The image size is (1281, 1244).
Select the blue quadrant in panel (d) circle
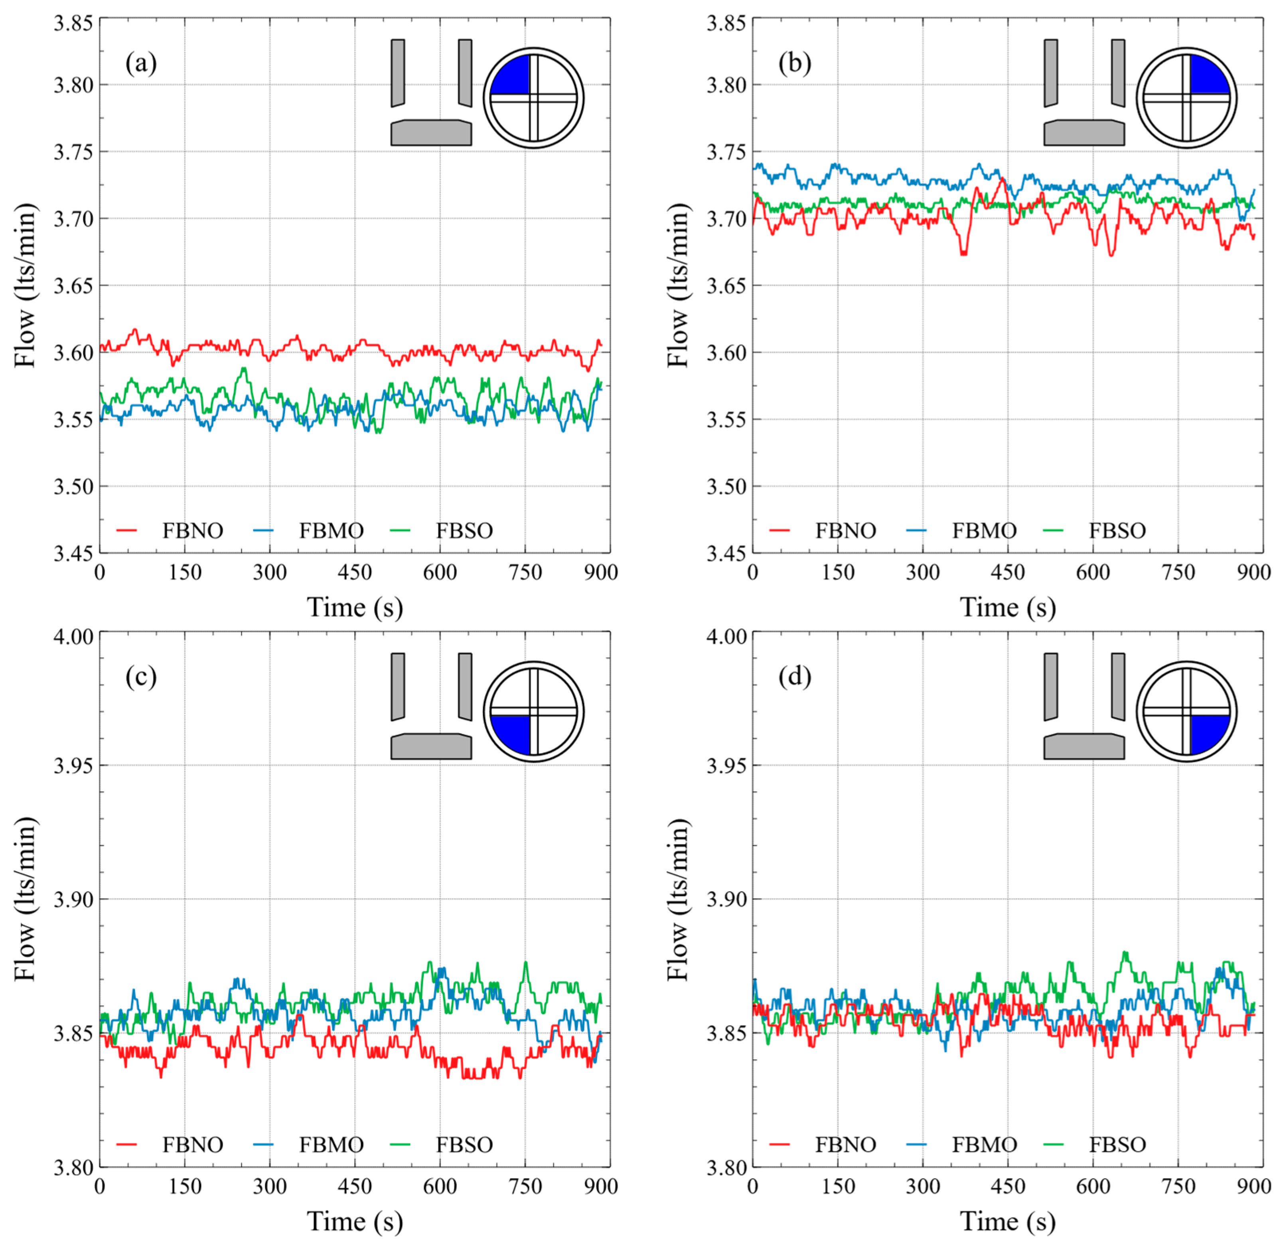point(1208,732)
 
